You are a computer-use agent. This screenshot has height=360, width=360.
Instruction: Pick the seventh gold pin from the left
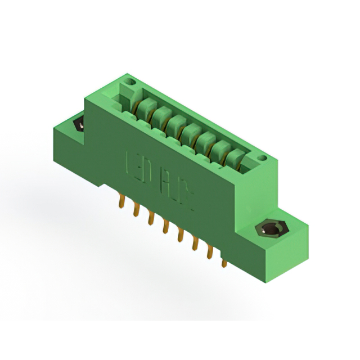[209, 253]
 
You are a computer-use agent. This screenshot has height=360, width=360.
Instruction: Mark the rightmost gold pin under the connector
[223, 261]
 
